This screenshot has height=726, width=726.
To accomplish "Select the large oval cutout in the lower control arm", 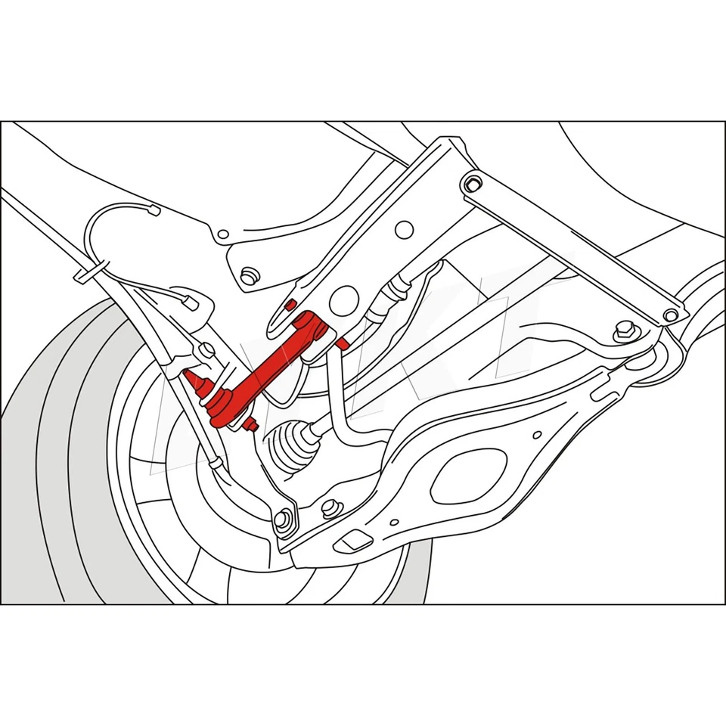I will click(x=469, y=476).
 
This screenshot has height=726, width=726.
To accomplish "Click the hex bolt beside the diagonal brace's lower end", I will click(x=625, y=330).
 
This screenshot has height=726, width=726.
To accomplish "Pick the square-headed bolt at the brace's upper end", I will click(x=473, y=183).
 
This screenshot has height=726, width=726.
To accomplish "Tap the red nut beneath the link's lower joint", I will click(x=253, y=425).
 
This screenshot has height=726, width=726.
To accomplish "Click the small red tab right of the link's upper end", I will click(x=342, y=344).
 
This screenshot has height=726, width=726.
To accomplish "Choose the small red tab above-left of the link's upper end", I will click(x=289, y=304).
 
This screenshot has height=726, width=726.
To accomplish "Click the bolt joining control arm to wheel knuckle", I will click(x=282, y=519).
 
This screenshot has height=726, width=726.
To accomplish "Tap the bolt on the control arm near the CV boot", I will click(x=330, y=507).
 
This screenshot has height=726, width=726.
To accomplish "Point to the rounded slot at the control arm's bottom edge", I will click(x=351, y=541).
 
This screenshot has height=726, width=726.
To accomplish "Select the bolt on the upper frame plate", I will click(x=247, y=276).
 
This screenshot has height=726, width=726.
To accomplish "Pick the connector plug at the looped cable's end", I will click(x=190, y=302).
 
